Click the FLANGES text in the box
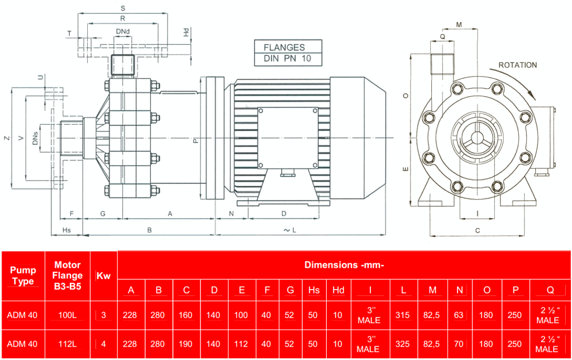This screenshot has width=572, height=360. click(x=284, y=48)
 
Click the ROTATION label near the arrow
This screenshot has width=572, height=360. click(x=517, y=65)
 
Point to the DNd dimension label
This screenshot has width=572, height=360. click(x=123, y=31)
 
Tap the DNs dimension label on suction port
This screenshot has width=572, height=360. click(x=35, y=139)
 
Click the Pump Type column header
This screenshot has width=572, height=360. click(x=23, y=276)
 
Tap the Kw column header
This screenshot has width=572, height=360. click(x=103, y=276)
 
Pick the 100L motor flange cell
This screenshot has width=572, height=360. click(x=68, y=315)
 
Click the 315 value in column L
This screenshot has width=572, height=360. click(x=402, y=315)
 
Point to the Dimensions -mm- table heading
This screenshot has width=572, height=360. click(x=344, y=264)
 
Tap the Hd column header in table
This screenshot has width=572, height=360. click(x=338, y=290)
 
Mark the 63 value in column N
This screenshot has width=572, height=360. click(x=459, y=315)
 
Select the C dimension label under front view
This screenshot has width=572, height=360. click(x=478, y=230)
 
